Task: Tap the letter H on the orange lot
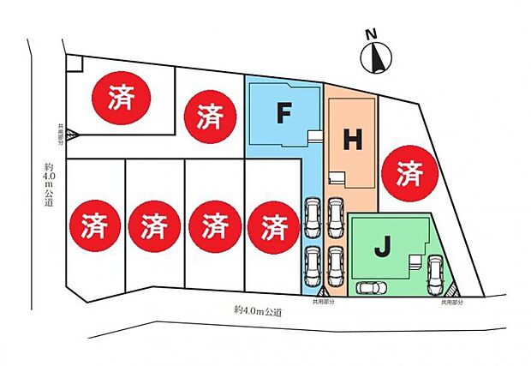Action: pyautogui.click(x=352, y=141)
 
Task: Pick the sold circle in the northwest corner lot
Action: pyautogui.click(x=121, y=98)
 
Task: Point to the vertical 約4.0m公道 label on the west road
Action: pyautogui.click(x=49, y=184)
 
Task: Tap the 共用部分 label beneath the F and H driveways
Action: pyautogui.click(x=323, y=303)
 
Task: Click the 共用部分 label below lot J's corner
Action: pyautogui.click(x=451, y=303)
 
